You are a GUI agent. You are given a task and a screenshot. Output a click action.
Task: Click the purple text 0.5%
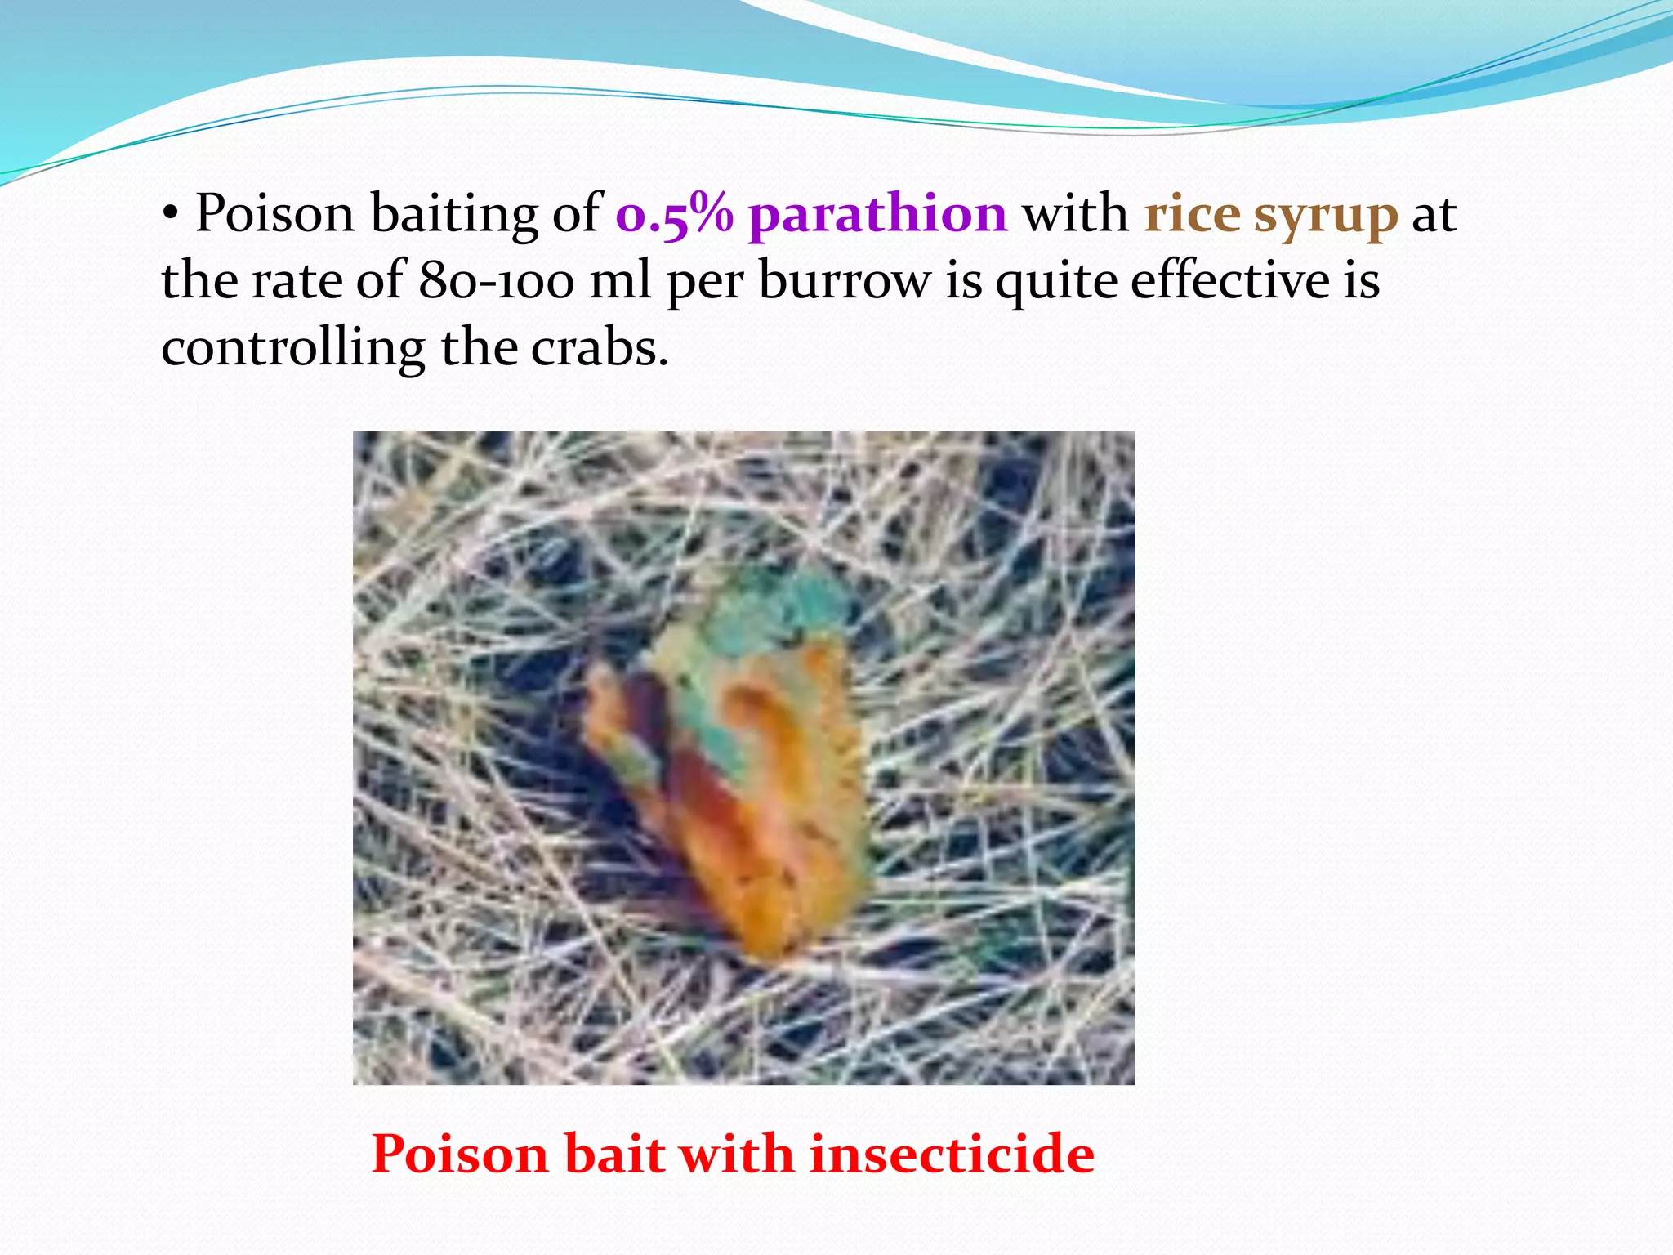(x=674, y=215)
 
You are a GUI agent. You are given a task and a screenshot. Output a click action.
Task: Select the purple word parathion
(x=877, y=215)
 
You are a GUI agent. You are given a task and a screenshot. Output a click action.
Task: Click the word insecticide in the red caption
(x=952, y=1154)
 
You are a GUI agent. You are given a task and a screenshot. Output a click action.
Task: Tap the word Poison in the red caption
(x=459, y=1154)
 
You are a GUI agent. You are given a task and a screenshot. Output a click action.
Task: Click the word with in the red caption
(x=736, y=1154)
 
